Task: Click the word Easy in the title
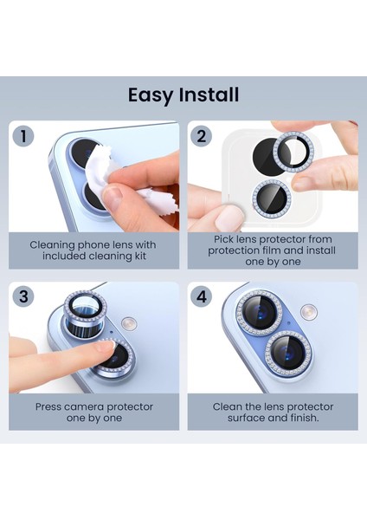(151, 95)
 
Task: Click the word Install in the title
(209, 94)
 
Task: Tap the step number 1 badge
(23, 136)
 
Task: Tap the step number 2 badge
(202, 136)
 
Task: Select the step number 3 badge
(23, 296)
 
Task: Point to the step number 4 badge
(202, 296)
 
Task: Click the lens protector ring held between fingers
(294, 150)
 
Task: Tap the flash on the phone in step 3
(129, 323)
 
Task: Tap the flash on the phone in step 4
(309, 312)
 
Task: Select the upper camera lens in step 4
(260, 313)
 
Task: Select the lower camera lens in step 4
(288, 353)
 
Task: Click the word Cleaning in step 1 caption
(53, 245)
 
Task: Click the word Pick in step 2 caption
(222, 239)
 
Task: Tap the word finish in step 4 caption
(301, 418)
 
